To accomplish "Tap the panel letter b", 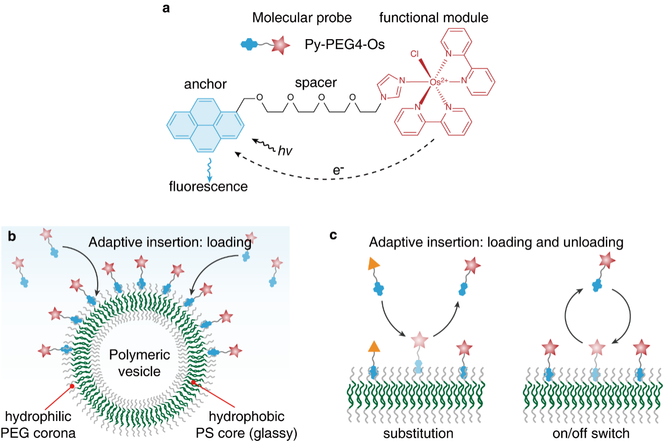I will coord(12,236).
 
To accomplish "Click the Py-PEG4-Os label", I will coord(345,45).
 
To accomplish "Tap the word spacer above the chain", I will coord(316,83).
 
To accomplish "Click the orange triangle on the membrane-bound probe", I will coord(373,346).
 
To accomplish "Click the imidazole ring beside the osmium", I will coord(388,87).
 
